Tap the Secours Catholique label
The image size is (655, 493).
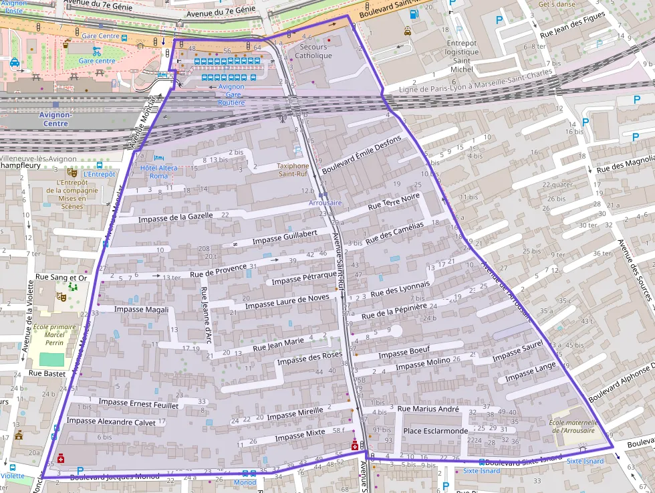(x=313, y=52)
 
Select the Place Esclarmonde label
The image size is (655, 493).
(x=436, y=431)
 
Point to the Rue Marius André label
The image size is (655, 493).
(x=428, y=409)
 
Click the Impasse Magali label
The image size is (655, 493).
(x=141, y=309)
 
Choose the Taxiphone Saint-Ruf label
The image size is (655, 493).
(x=294, y=170)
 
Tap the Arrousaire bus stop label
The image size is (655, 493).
(x=325, y=202)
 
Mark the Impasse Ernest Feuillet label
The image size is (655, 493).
(x=138, y=403)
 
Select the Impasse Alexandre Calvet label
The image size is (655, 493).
(x=111, y=421)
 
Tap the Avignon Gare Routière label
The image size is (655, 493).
(x=231, y=94)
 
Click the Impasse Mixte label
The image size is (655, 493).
(x=299, y=435)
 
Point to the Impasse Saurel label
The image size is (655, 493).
(x=517, y=352)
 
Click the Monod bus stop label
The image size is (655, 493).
(x=245, y=482)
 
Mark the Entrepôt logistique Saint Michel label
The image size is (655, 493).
(x=461, y=56)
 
